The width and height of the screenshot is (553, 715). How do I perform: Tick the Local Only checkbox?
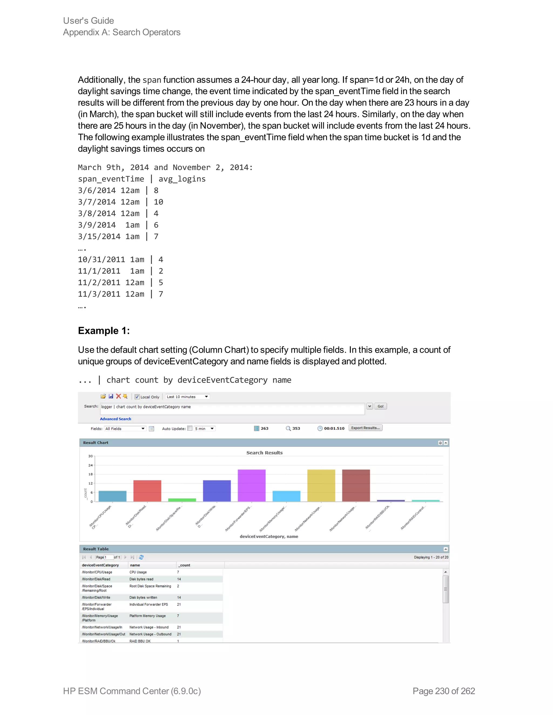(137, 397)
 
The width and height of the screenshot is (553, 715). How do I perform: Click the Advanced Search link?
(115, 419)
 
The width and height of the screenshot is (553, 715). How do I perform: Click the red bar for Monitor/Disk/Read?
(147, 491)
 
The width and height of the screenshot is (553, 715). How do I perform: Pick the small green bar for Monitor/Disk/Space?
(182, 500)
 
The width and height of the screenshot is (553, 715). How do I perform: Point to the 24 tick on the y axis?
(90, 465)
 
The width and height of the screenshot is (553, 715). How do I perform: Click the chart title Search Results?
(264, 453)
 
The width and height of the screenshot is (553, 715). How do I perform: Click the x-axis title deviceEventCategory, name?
(269, 537)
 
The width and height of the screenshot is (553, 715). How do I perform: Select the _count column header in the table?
(184, 565)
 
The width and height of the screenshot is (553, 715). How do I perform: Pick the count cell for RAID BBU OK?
(178, 641)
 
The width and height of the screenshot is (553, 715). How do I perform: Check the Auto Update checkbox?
(190, 428)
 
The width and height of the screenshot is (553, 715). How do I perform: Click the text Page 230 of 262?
(444, 691)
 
